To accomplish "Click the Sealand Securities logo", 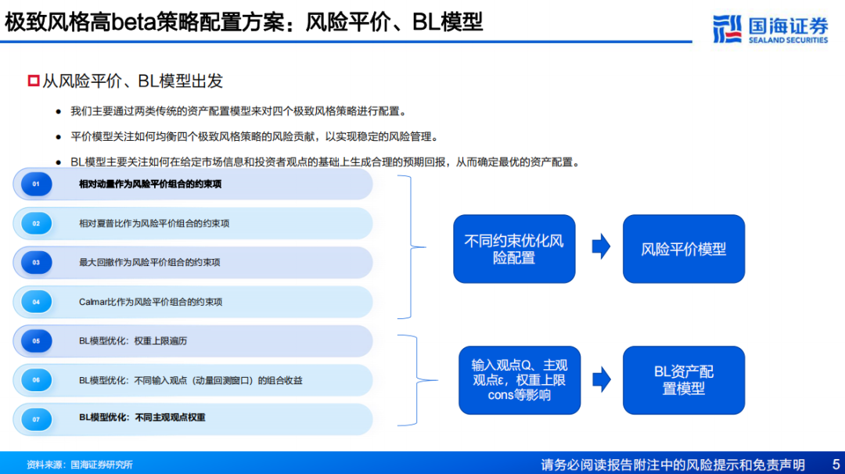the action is [x=770, y=29].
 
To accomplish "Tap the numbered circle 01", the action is [x=36, y=185].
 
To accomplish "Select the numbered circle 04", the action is [x=36, y=302].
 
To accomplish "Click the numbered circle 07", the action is [x=36, y=419].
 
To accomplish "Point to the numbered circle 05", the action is [x=36, y=341].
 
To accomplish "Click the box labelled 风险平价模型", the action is [x=683, y=249].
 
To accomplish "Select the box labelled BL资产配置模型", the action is [x=683, y=380].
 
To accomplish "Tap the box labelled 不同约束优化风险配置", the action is [x=514, y=249].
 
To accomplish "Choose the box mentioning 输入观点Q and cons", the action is [x=520, y=380].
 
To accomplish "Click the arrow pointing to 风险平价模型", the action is [x=601, y=246].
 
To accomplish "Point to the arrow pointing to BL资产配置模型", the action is [x=602, y=379].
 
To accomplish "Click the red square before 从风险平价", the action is [x=34, y=81].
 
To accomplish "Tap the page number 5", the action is [x=836, y=465].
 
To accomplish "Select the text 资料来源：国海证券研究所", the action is [x=79, y=465].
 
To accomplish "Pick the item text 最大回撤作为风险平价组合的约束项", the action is [x=149, y=262].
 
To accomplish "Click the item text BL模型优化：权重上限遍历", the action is [x=132, y=341].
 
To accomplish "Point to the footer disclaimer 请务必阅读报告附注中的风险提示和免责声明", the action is [x=673, y=465].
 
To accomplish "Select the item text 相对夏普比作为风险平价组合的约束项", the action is [x=154, y=224].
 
